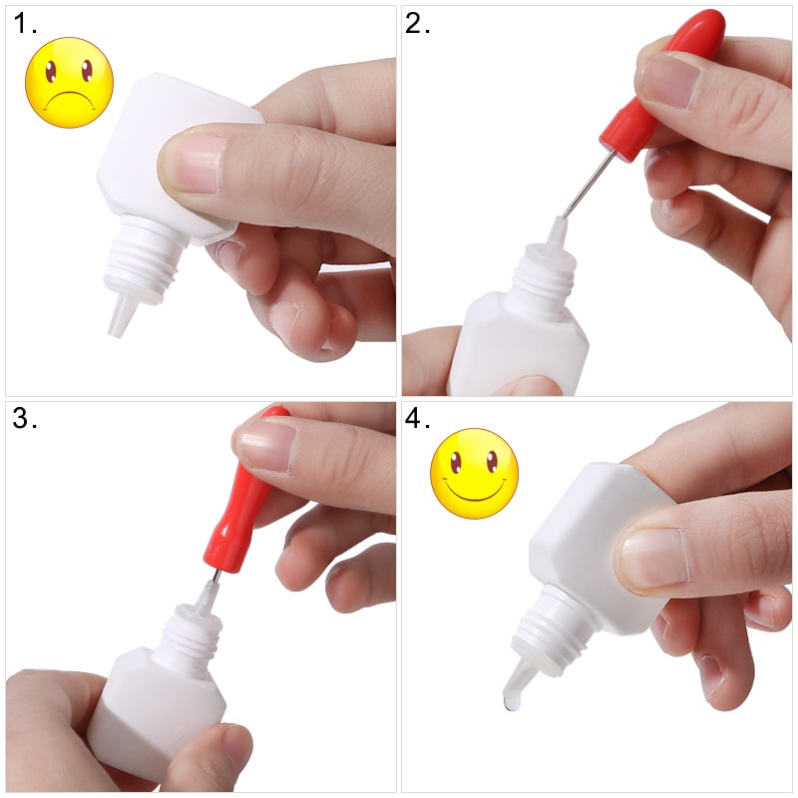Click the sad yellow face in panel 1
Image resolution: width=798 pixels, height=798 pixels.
(69, 83)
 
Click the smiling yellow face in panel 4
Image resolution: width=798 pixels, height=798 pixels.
(475, 473)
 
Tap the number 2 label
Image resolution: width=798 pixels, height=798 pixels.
(417, 24)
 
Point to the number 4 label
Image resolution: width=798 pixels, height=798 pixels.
(417, 418)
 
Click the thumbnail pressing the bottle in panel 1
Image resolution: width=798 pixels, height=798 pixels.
(193, 164)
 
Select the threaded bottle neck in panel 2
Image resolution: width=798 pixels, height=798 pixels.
(545, 275)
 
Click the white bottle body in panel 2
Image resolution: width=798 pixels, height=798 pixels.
(519, 346)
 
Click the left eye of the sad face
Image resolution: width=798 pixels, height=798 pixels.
(52, 71)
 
